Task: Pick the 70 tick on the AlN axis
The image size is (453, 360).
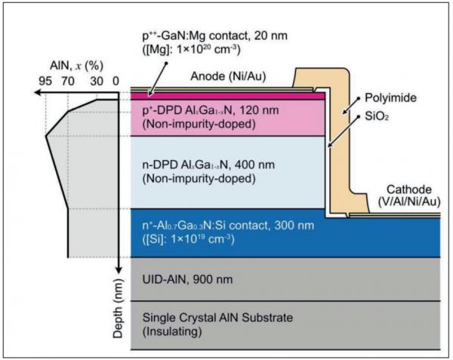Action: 68,79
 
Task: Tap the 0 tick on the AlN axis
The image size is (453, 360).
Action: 116,79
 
